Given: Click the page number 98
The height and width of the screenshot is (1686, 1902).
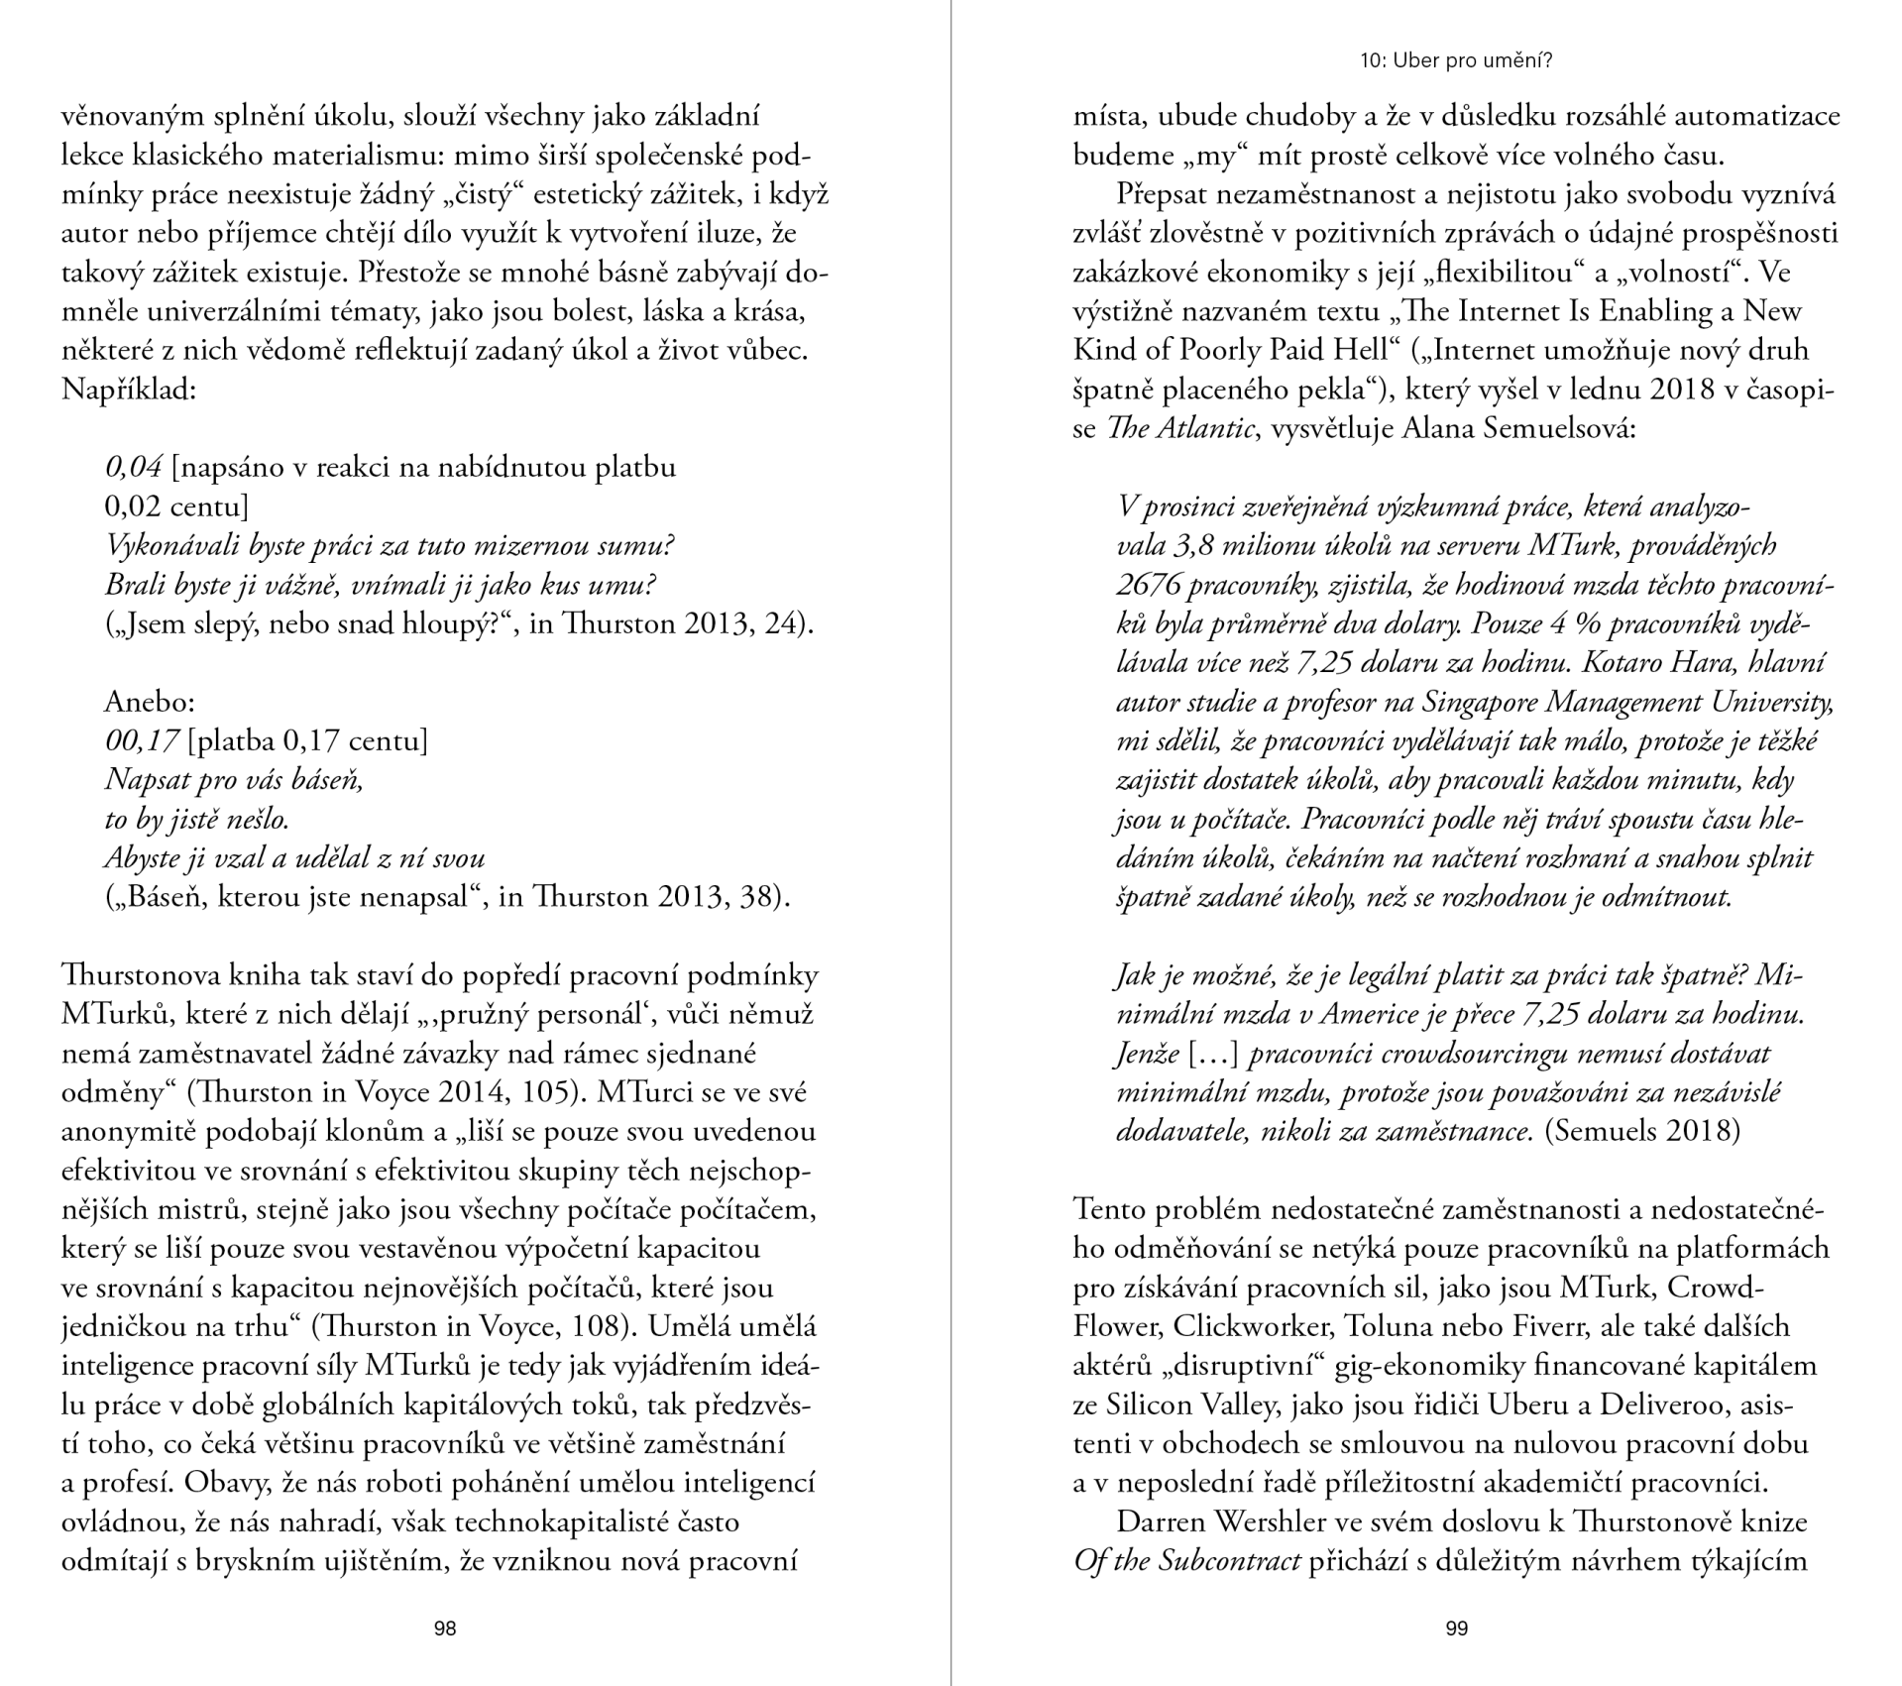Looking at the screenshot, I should pos(445,1628).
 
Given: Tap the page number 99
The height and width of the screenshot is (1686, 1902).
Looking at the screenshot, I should pos(1456,1628).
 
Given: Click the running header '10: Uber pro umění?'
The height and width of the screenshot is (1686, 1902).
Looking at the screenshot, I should pos(1456,60).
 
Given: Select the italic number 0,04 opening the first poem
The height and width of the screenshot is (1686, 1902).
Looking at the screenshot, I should pos(133,467).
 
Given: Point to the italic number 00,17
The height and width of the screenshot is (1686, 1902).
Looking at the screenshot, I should pos(142,740).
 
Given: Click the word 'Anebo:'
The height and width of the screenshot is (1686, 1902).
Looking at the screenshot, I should pos(150,702).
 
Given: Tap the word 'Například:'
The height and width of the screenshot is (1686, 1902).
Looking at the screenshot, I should pos(129,390).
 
